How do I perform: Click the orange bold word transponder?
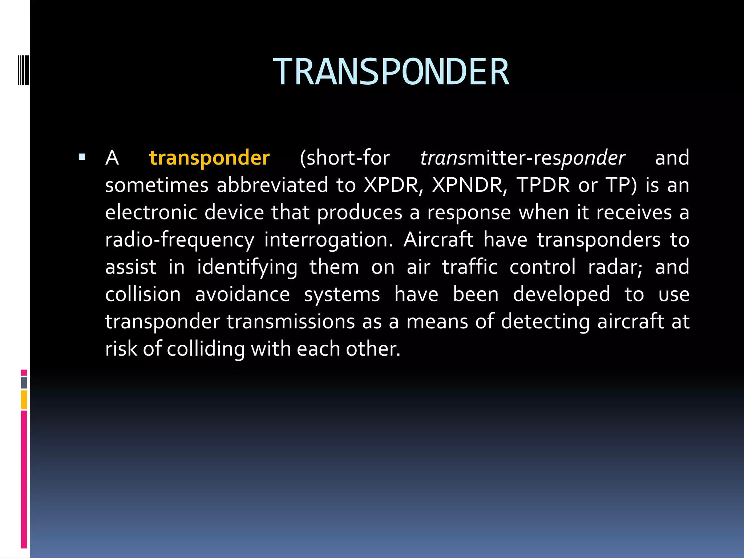(x=209, y=158)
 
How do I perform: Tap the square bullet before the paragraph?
(x=82, y=157)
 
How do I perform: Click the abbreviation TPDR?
(x=543, y=185)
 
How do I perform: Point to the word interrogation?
(x=328, y=240)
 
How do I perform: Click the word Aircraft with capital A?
(x=438, y=240)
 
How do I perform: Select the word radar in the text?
(x=615, y=267)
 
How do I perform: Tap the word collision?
(x=143, y=294)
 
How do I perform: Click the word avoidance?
(x=242, y=294)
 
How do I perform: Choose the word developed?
(x=561, y=294)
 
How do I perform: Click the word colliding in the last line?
(x=206, y=349)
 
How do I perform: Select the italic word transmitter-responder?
(x=522, y=158)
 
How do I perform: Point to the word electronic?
(x=151, y=213)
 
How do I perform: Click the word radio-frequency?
(x=180, y=240)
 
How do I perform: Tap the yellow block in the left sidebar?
(x=24, y=400)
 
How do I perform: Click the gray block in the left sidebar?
(x=24, y=383)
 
